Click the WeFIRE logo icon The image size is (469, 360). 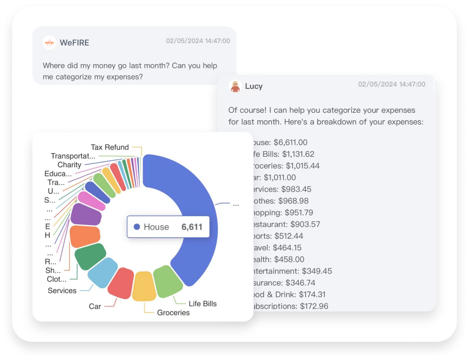49,42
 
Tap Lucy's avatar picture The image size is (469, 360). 234,86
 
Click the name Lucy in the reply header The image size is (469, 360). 254,86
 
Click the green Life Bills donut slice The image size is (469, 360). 168,281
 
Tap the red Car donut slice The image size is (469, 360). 121,283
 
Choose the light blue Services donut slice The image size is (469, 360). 102,272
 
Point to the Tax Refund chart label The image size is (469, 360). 110,147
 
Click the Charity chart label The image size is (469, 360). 69,165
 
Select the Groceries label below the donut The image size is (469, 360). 173,312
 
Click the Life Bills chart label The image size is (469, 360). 203,303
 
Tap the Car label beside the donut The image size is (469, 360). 95,306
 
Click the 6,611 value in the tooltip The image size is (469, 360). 192,227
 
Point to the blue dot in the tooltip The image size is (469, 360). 136,227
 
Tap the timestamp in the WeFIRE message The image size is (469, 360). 198,41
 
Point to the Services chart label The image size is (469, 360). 62,290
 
